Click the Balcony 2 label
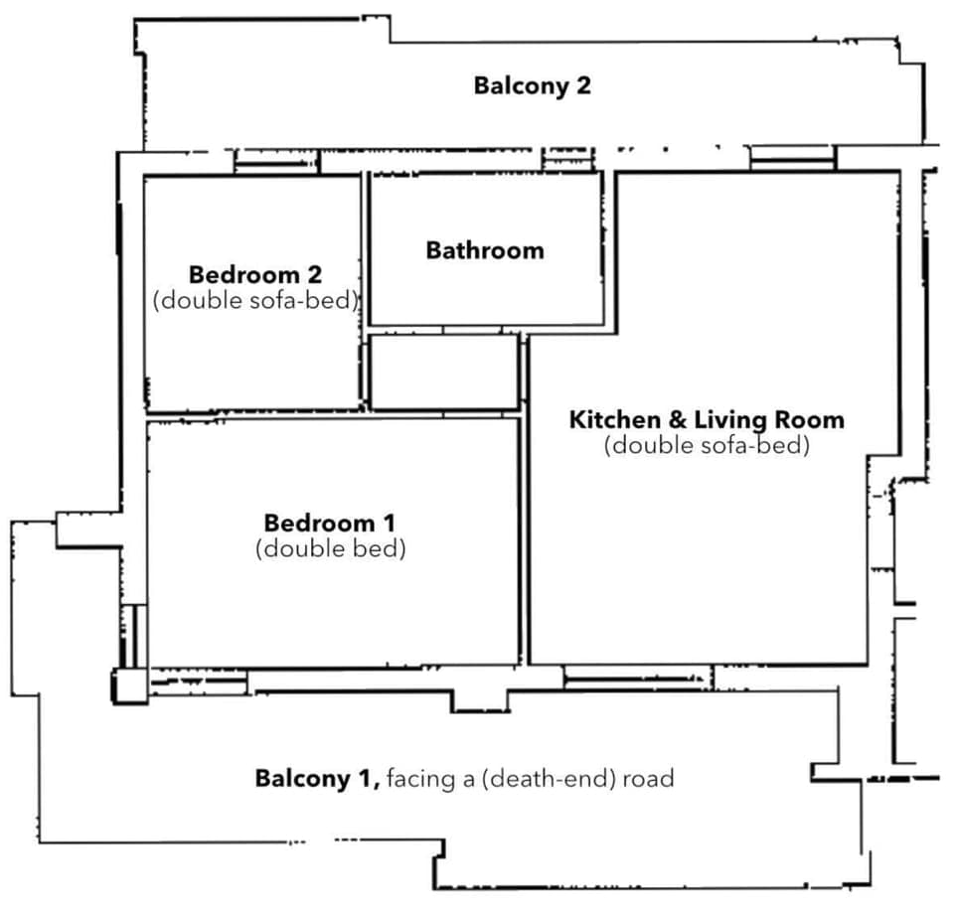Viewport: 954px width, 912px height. click(532, 85)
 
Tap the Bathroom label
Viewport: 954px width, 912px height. click(485, 250)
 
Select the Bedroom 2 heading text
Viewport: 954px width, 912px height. click(255, 274)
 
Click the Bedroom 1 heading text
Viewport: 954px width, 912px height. click(329, 523)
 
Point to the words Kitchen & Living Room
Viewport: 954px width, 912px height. click(706, 420)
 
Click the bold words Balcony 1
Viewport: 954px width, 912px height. click(316, 778)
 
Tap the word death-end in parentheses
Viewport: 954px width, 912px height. click(563, 779)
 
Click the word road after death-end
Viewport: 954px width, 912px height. click(648, 779)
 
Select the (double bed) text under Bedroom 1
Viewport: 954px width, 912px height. click(330, 548)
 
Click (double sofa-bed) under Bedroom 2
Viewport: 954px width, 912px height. click(255, 300)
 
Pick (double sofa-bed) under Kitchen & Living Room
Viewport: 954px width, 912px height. click(707, 446)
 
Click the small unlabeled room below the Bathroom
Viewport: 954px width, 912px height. click(443, 372)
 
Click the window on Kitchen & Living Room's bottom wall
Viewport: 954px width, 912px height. click(637, 679)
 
